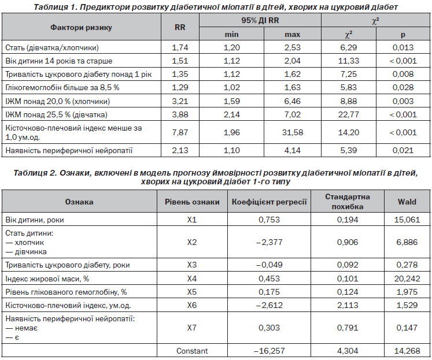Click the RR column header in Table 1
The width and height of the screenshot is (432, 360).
coord(180,27)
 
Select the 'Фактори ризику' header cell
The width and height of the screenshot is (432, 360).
coord(81,27)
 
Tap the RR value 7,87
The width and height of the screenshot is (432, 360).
coord(180,132)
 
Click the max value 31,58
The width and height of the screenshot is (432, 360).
coord(292,132)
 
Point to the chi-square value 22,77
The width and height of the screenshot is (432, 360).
coord(349,114)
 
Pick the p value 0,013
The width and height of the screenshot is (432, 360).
coord(403,47)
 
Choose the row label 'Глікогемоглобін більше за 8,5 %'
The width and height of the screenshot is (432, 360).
coord(62,87)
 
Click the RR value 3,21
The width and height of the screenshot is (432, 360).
coord(180,101)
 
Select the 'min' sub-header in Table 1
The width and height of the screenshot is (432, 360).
coord(231,35)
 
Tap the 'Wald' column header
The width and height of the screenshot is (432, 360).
coord(407,202)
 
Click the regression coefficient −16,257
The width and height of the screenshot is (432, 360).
coord(269,351)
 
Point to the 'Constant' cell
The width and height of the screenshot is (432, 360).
coord(192,351)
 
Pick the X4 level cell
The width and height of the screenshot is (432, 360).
coord(192,279)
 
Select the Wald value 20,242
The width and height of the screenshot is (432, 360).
coord(407,279)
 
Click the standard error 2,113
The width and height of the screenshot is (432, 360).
coord(348,305)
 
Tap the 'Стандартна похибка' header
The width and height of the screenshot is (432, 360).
coord(348,202)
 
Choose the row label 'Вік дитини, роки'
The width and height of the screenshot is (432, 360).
coord(35,220)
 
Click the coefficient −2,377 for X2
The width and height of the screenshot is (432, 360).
coord(269,242)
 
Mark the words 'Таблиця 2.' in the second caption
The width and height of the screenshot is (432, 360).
coord(35,173)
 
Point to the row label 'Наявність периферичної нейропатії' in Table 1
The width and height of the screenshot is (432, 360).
coord(69,151)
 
